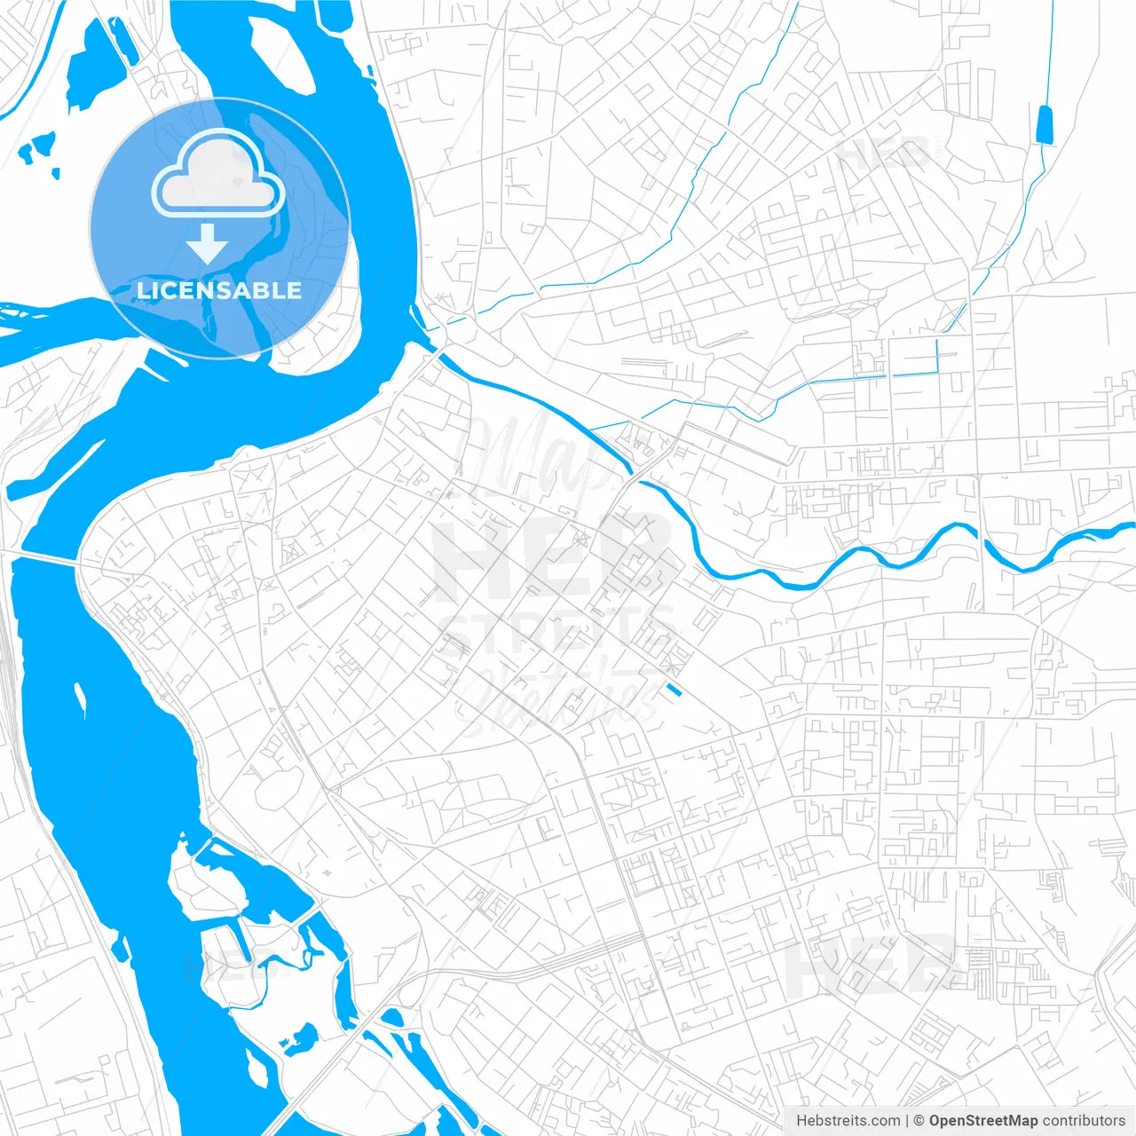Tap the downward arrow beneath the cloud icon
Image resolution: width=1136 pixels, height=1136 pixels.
[208, 244]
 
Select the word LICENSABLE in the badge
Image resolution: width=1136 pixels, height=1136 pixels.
[219, 290]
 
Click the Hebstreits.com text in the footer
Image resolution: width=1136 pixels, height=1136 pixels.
[848, 1121]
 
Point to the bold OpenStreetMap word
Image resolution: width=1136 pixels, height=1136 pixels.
[982, 1121]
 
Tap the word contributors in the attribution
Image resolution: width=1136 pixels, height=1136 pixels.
[1084, 1121]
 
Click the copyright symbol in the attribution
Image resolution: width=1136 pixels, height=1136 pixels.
[919, 1121]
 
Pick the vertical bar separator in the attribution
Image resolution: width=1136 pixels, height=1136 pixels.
[907, 1121]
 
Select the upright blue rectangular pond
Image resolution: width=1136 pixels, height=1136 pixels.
[1045, 124]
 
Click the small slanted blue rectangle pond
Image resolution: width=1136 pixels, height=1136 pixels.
[674, 689]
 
